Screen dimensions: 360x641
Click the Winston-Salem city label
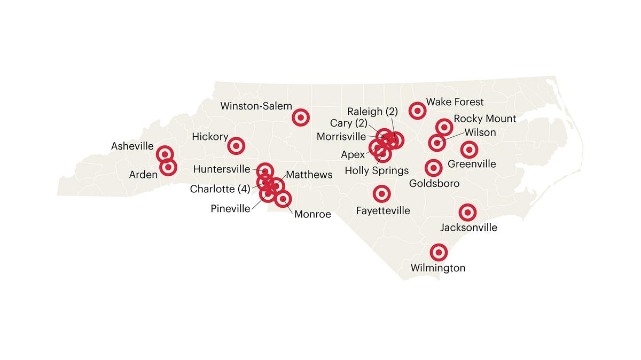256,106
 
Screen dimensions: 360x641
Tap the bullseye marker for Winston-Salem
301,117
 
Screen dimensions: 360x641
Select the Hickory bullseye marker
236,145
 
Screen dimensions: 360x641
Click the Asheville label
132,146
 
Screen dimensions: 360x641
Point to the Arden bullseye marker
168,167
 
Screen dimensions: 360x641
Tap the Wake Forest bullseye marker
417,111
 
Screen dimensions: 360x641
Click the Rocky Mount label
484,119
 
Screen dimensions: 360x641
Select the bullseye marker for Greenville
469,150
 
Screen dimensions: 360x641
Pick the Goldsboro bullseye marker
433,168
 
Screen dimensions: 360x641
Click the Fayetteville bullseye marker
381,194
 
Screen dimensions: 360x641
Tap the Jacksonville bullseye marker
468,213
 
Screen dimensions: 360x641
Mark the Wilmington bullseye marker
439,252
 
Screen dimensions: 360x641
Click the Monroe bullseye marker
283,199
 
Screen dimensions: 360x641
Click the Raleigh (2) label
372,112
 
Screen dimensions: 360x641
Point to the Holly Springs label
377,171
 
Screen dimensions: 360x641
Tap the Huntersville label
221,169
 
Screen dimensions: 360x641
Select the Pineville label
230,208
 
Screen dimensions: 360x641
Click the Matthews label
309,175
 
